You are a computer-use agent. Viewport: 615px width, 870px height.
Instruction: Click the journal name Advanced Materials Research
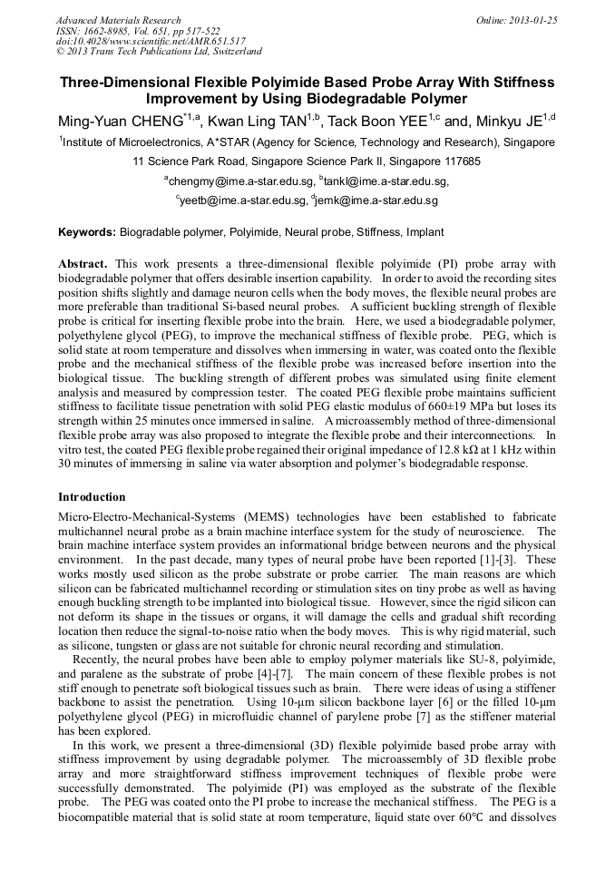coord(118,20)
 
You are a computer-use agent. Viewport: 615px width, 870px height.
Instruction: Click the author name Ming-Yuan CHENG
coord(119,122)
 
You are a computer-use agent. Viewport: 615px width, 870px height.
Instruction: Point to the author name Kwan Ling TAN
coord(257,122)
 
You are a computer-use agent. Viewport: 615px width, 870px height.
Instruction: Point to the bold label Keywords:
coord(87,233)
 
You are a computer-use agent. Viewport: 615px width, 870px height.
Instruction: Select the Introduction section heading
coord(92,497)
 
